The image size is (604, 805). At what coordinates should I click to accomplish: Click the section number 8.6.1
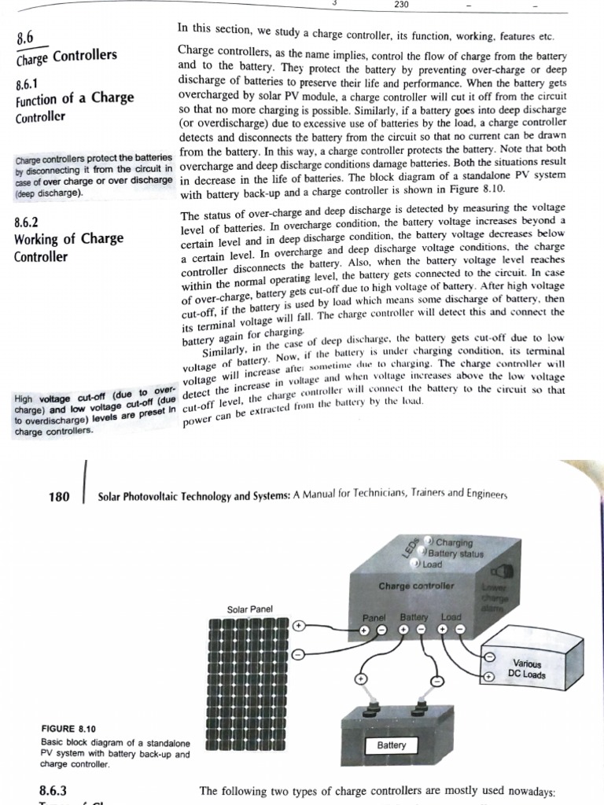point(27,83)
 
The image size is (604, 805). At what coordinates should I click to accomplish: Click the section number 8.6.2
point(27,223)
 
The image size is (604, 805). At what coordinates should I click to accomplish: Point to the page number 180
point(58,497)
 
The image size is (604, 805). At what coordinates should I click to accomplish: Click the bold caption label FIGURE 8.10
point(68,729)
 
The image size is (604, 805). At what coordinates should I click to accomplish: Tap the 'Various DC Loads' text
point(526,669)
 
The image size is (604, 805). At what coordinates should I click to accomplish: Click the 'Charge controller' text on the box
point(416,586)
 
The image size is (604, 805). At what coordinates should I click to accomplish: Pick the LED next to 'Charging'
point(430,540)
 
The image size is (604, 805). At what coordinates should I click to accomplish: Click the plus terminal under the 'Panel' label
point(364,630)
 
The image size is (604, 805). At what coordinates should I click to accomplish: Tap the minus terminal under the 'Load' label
point(461,630)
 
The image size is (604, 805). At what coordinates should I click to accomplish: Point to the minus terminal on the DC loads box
point(488,656)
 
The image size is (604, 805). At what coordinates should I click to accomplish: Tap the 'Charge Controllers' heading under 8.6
point(66,56)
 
